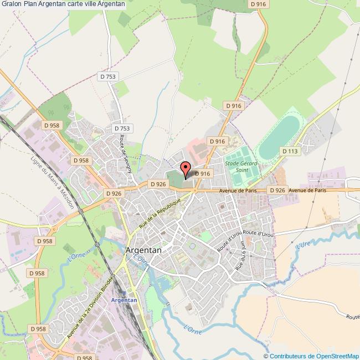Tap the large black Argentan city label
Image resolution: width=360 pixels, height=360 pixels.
tap(144, 250)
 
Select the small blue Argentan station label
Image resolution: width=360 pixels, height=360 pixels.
tap(124, 300)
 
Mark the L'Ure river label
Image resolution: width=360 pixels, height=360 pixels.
tap(303, 245)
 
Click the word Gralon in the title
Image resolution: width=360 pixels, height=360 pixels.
tap(12, 4)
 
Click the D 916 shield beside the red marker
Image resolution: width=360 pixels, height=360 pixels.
tap(203, 173)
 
